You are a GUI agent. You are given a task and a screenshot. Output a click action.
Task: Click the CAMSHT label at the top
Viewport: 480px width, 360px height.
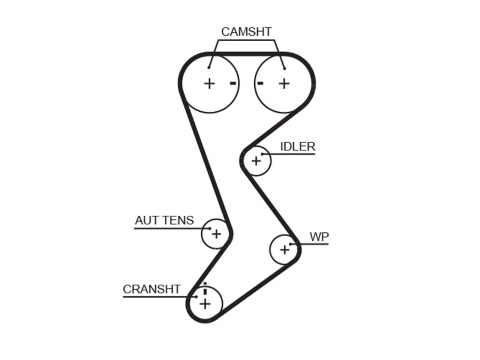(x=246, y=32)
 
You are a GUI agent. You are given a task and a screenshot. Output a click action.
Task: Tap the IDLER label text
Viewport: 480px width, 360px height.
(x=298, y=147)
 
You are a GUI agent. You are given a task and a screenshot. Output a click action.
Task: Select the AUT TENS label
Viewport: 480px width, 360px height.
(x=165, y=220)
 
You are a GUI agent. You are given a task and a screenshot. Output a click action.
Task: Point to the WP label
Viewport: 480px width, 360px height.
(x=319, y=237)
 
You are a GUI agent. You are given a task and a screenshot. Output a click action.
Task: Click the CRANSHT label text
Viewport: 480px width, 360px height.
(x=152, y=289)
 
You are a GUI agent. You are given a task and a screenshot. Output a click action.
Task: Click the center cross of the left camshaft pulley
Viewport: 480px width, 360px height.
(x=210, y=84)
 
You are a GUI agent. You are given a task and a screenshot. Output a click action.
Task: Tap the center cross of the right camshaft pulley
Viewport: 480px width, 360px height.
(x=284, y=84)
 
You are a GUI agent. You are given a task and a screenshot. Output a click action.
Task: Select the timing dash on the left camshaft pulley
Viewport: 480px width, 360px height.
(x=233, y=83)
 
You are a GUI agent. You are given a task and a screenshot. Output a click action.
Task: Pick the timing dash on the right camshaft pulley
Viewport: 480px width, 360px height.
(x=260, y=83)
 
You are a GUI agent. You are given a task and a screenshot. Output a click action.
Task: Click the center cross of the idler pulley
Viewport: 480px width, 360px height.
(x=256, y=161)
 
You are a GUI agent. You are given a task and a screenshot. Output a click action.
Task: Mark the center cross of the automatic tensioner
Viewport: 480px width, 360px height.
(x=216, y=234)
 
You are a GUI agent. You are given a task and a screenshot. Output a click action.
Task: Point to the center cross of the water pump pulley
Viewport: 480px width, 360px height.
(x=285, y=250)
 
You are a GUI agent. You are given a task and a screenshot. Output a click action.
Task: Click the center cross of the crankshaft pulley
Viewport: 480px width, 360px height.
(x=205, y=304)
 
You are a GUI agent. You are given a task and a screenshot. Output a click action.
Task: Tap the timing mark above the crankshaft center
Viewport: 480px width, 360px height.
(x=205, y=288)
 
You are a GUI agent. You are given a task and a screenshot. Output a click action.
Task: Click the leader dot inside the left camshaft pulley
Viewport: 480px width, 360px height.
(x=209, y=68)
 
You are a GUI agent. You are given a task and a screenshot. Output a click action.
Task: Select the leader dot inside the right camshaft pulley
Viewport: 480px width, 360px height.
(x=285, y=69)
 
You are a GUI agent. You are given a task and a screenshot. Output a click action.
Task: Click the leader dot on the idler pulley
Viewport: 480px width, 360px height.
(x=262, y=154)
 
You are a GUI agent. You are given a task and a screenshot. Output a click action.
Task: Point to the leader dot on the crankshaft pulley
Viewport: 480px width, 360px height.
(x=196, y=297)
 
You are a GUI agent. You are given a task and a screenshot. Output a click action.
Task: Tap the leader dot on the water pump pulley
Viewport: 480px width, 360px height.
(x=291, y=244)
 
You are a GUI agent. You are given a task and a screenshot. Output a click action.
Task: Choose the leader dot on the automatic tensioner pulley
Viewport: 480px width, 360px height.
(x=210, y=229)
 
